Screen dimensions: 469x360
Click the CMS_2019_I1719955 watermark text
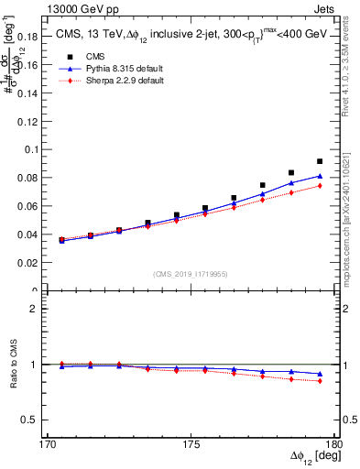(191, 273)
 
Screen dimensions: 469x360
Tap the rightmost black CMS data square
(320, 161)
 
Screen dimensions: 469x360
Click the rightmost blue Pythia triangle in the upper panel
(320, 176)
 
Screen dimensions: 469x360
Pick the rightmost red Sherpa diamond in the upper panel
(320, 186)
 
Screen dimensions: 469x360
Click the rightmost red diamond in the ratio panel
(320, 381)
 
